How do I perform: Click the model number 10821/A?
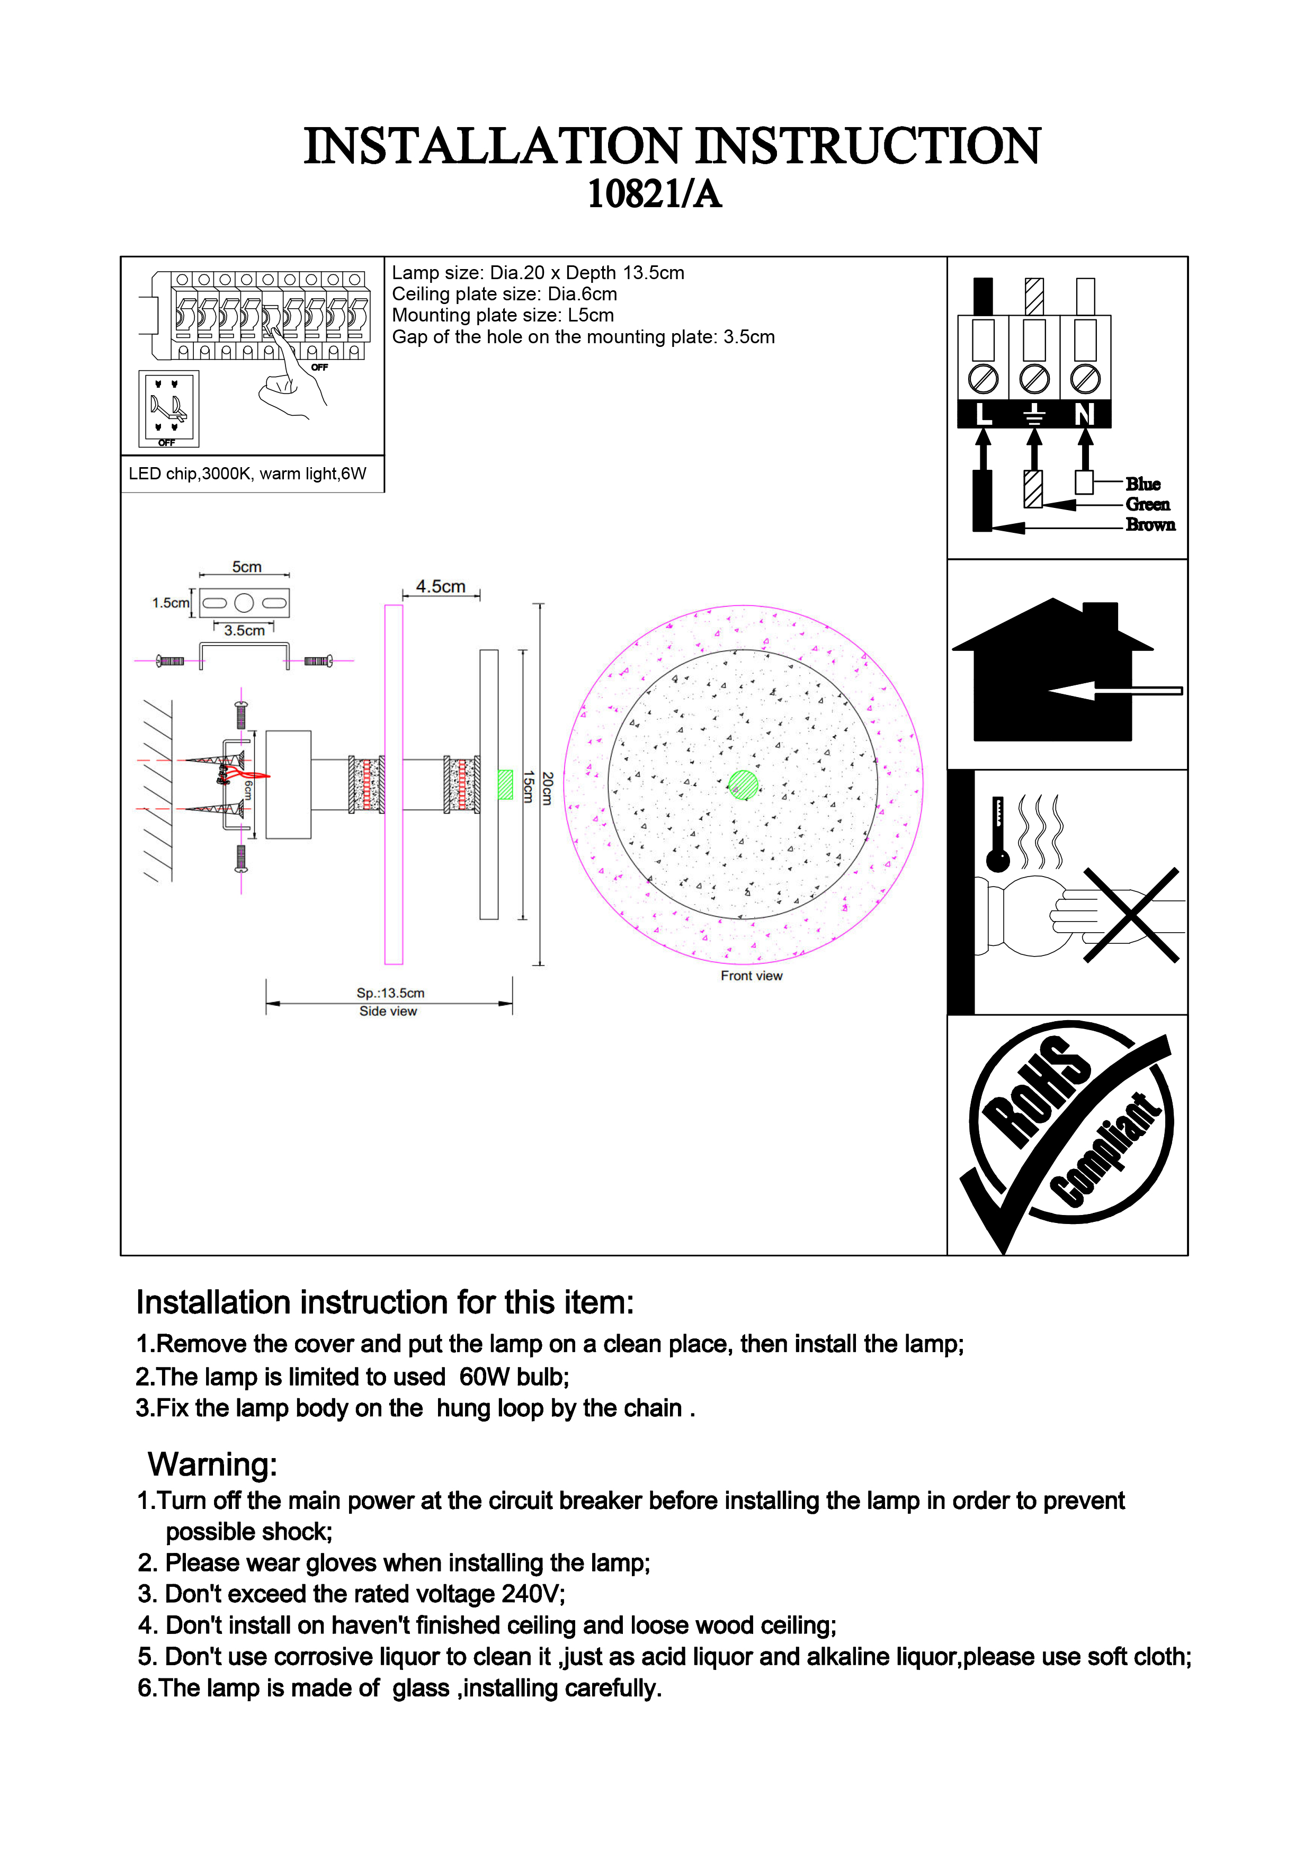655,194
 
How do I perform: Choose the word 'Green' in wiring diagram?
1147,504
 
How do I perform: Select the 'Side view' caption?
388,1012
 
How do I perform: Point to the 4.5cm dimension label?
440,587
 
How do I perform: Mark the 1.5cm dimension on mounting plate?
170,603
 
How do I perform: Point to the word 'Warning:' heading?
212,1464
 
